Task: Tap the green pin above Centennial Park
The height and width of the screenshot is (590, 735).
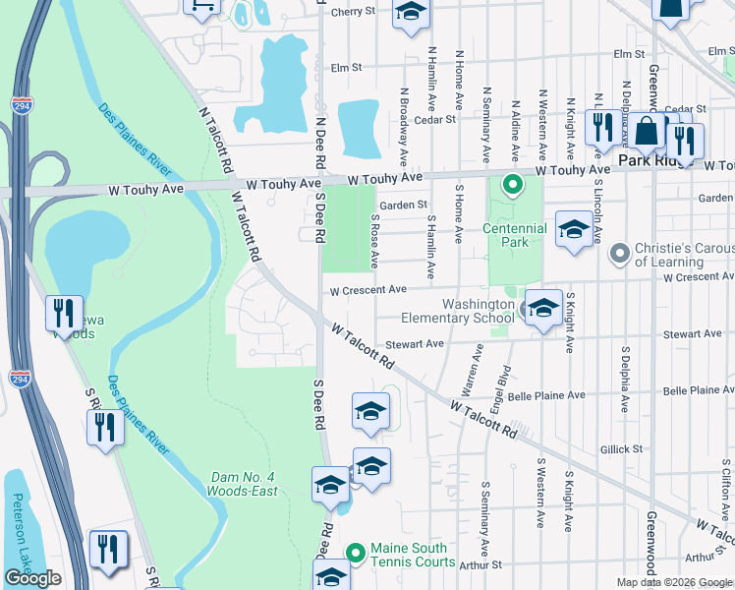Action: pyautogui.click(x=512, y=184)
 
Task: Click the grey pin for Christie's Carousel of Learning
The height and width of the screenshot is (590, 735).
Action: pyautogui.click(x=618, y=255)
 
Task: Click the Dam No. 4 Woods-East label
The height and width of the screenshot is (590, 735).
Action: pyautogui.click(x=243, y=484)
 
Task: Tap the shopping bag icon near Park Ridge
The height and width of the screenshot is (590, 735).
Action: pyautogui.click(x=649, y=131)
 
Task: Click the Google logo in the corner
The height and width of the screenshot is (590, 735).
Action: pyautogui.click(x=32, y=578)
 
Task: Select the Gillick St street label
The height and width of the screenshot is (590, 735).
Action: pyautogui.click(x=621, y=449)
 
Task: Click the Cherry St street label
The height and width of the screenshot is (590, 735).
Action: pyautogui.click(x=354, y=13)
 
